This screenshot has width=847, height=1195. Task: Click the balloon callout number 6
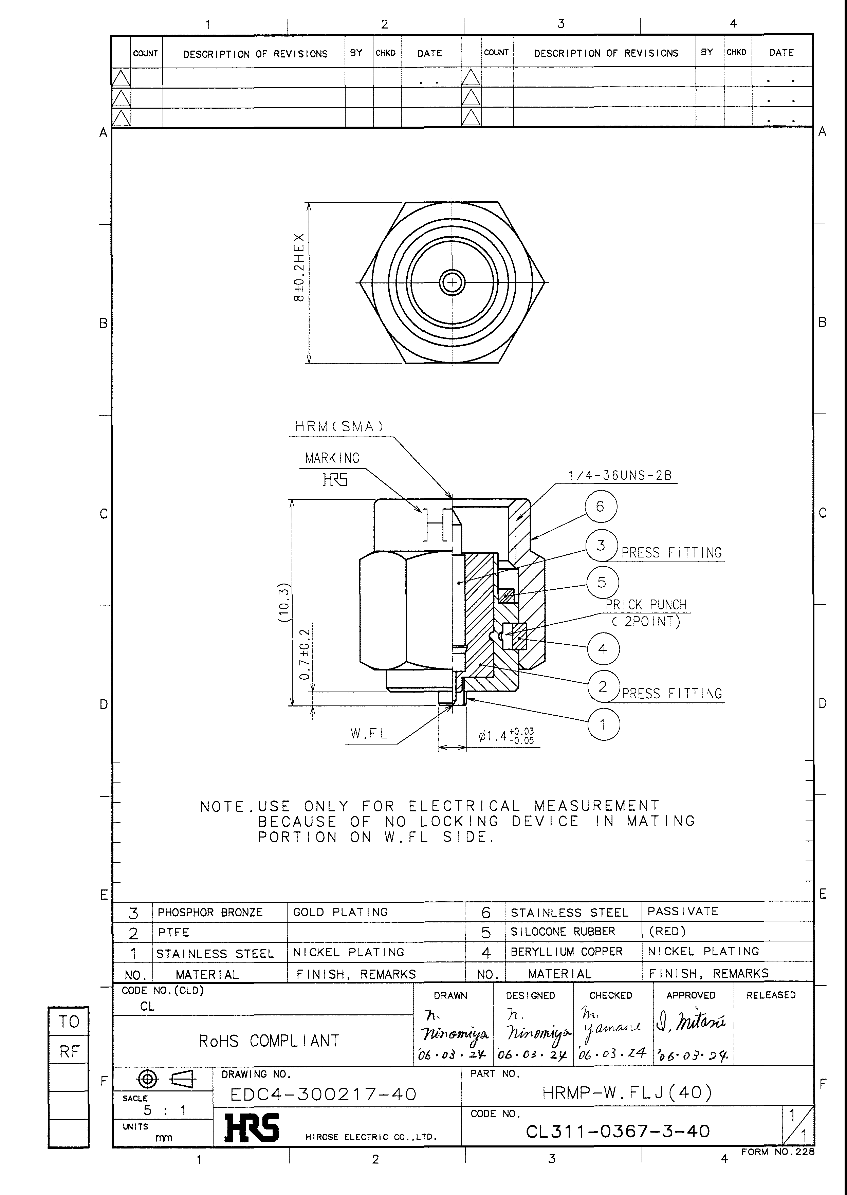(x=600, y=507)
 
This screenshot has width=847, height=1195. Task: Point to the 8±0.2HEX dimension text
(x=299, y=267)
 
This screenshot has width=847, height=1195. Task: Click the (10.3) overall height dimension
(x=283, y=603)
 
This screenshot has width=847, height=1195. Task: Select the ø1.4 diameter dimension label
(x=506, y=736)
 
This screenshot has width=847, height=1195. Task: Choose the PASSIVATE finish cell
(x=683, y=911)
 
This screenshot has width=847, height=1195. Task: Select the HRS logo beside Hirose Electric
(x=252, y=1128)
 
